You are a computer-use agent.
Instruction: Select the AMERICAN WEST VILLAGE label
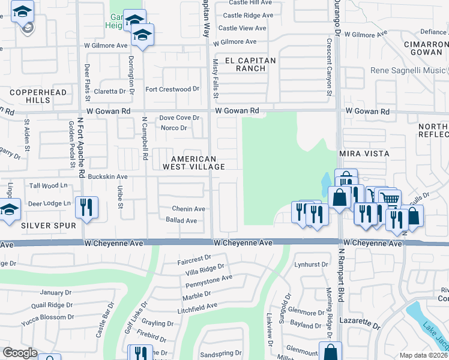(185, 163)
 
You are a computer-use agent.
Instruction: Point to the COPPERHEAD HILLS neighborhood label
(30, 96)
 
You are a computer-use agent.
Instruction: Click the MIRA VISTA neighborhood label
(364, 154)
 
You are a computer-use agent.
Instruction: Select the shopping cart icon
(390, 198)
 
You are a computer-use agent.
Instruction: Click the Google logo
(19, 353)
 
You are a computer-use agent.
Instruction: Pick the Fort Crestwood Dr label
(172, 89)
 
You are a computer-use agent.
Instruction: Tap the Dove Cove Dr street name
(178, 118)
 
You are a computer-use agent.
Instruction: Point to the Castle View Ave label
(242, 28)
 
